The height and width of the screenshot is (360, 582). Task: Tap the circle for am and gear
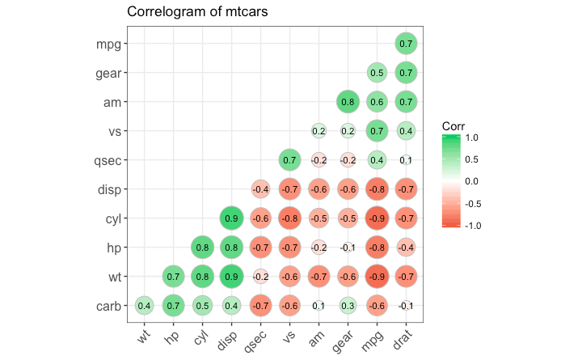coord(347,102)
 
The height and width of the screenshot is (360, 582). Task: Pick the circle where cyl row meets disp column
coord(230,218)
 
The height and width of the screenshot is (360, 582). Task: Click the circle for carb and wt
coord(144,306)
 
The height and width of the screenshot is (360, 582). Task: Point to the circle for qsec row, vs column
coord(289,160)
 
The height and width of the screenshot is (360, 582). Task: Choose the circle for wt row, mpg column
coord(376,277)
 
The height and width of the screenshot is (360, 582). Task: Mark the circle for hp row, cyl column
coord(201,248)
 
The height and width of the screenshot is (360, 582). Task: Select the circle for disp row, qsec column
coord(259,189)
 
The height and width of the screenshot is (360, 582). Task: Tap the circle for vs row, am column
coord(318,131)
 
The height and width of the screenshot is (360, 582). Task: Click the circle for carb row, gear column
coord(347,306)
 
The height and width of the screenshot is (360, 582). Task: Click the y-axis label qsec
coord(108,160)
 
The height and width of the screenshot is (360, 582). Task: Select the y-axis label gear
coord(108,73)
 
